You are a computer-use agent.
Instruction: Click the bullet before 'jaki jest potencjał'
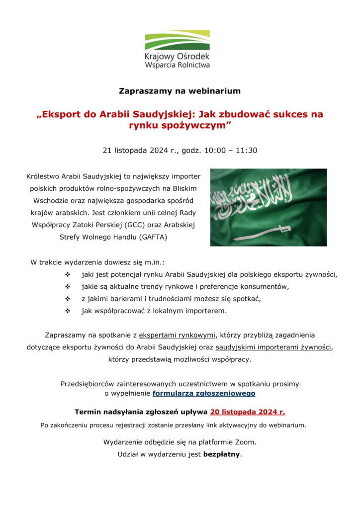point(68,274)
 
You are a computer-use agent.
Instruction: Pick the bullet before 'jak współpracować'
point(68,311)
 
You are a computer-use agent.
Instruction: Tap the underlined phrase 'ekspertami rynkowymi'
point(177,335)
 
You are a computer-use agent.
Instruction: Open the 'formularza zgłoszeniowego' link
point(204,393)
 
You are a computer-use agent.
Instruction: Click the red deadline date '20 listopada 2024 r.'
point(248,412)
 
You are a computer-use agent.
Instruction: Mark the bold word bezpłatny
point(221,454)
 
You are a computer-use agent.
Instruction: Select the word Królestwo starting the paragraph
point(44,176)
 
